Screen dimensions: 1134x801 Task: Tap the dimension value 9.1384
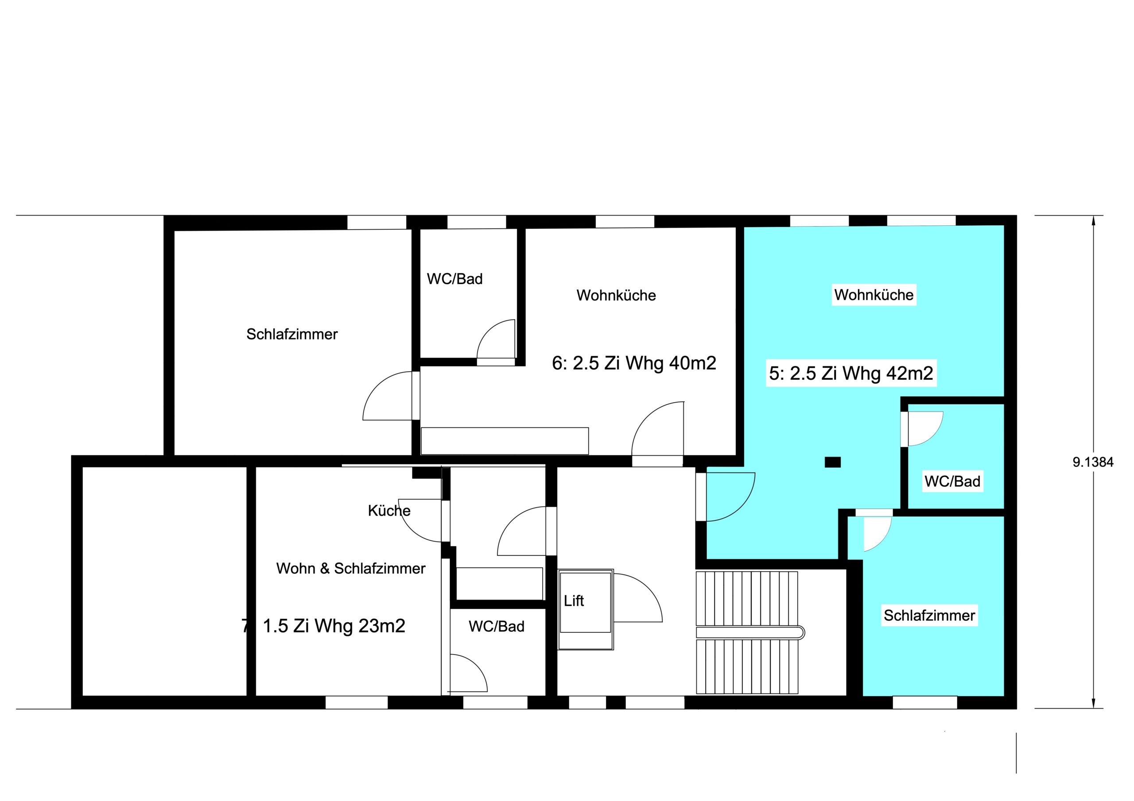[x=1093, y=462]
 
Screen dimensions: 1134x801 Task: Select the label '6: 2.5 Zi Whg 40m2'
[x=634, y=363]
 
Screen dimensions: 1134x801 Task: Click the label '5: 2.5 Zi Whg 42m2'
[x=851, y=373]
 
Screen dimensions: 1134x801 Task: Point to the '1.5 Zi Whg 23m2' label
[x=334, y=626]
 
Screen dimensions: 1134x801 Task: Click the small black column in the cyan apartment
[x=833, y=462]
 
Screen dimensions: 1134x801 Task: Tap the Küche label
[x=389, y=510]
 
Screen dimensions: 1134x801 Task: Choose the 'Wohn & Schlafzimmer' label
[x=351, y=569]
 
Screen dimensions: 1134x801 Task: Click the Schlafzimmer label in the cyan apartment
[x=929, y=616]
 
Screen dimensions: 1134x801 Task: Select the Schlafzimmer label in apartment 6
[x=292, y=334]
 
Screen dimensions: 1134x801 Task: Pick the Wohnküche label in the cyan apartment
[x=874, y=295]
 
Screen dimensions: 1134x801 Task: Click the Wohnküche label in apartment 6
[x=616, y=295]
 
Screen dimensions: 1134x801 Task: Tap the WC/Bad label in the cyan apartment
[x=952, y=481]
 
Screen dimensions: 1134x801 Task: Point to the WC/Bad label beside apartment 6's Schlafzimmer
[x=454, y=279]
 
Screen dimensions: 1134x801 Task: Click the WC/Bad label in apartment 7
[x=497, y=626]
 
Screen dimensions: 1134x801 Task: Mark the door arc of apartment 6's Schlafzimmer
[x=377, y=385]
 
